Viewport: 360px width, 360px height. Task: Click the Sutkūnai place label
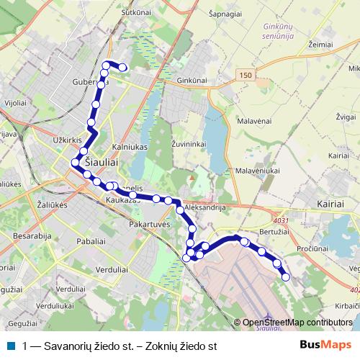135,12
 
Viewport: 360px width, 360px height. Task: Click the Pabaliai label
92,243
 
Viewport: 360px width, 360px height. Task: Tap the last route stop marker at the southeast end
286,276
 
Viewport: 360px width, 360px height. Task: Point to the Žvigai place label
346,115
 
